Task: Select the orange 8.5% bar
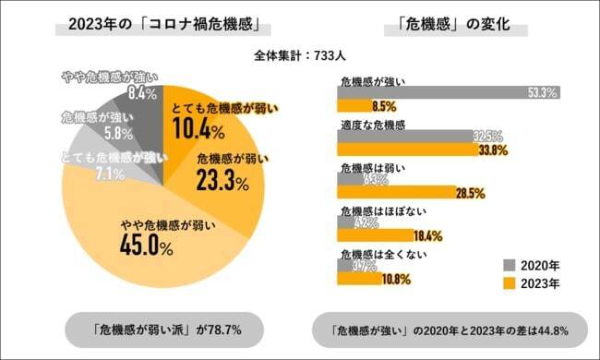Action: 355,105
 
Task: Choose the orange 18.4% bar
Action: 384,236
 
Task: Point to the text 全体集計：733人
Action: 299,55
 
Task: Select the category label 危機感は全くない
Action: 375,253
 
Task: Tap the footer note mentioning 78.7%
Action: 153,328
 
